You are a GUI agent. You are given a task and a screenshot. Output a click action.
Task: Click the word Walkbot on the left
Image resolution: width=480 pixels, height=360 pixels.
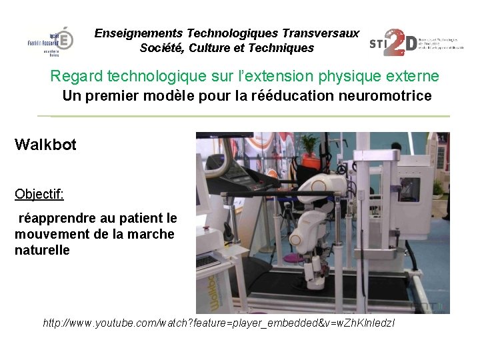pos(45,144)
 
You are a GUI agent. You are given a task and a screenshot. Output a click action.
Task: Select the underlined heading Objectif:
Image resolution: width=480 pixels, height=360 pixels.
pos(39,194)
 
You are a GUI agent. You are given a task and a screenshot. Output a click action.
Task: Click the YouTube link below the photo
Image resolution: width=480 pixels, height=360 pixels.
pos(219,323)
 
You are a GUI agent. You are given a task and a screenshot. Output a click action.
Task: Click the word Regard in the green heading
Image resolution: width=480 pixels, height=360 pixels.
pos(73,76)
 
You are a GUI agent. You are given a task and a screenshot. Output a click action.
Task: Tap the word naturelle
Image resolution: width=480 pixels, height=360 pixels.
pos(42,251)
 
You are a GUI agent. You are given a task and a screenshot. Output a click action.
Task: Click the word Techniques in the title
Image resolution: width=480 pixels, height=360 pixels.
pos(280,48)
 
